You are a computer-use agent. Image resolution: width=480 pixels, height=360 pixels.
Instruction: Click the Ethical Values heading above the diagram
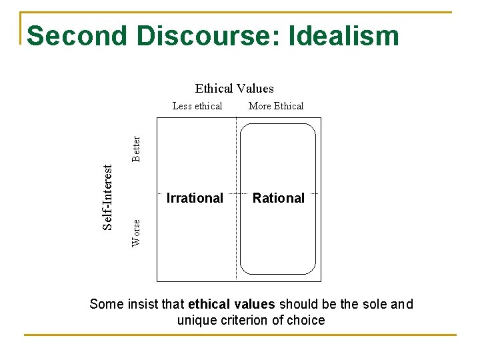click(234, 88)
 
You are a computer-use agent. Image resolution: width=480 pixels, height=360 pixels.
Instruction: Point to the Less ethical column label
click(197, 106)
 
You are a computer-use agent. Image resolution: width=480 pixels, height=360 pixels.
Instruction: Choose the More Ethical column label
click(275, 106)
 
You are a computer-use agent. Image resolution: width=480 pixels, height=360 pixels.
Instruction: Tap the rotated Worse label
click(136, 233)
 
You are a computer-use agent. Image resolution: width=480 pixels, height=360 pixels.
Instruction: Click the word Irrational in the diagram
click(195, 198)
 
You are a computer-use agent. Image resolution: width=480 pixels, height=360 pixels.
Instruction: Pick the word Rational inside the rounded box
click(279, 198)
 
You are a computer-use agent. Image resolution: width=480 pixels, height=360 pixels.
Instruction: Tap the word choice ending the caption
click(306, 320)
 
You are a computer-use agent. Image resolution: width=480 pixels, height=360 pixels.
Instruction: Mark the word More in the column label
click(260, 106)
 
